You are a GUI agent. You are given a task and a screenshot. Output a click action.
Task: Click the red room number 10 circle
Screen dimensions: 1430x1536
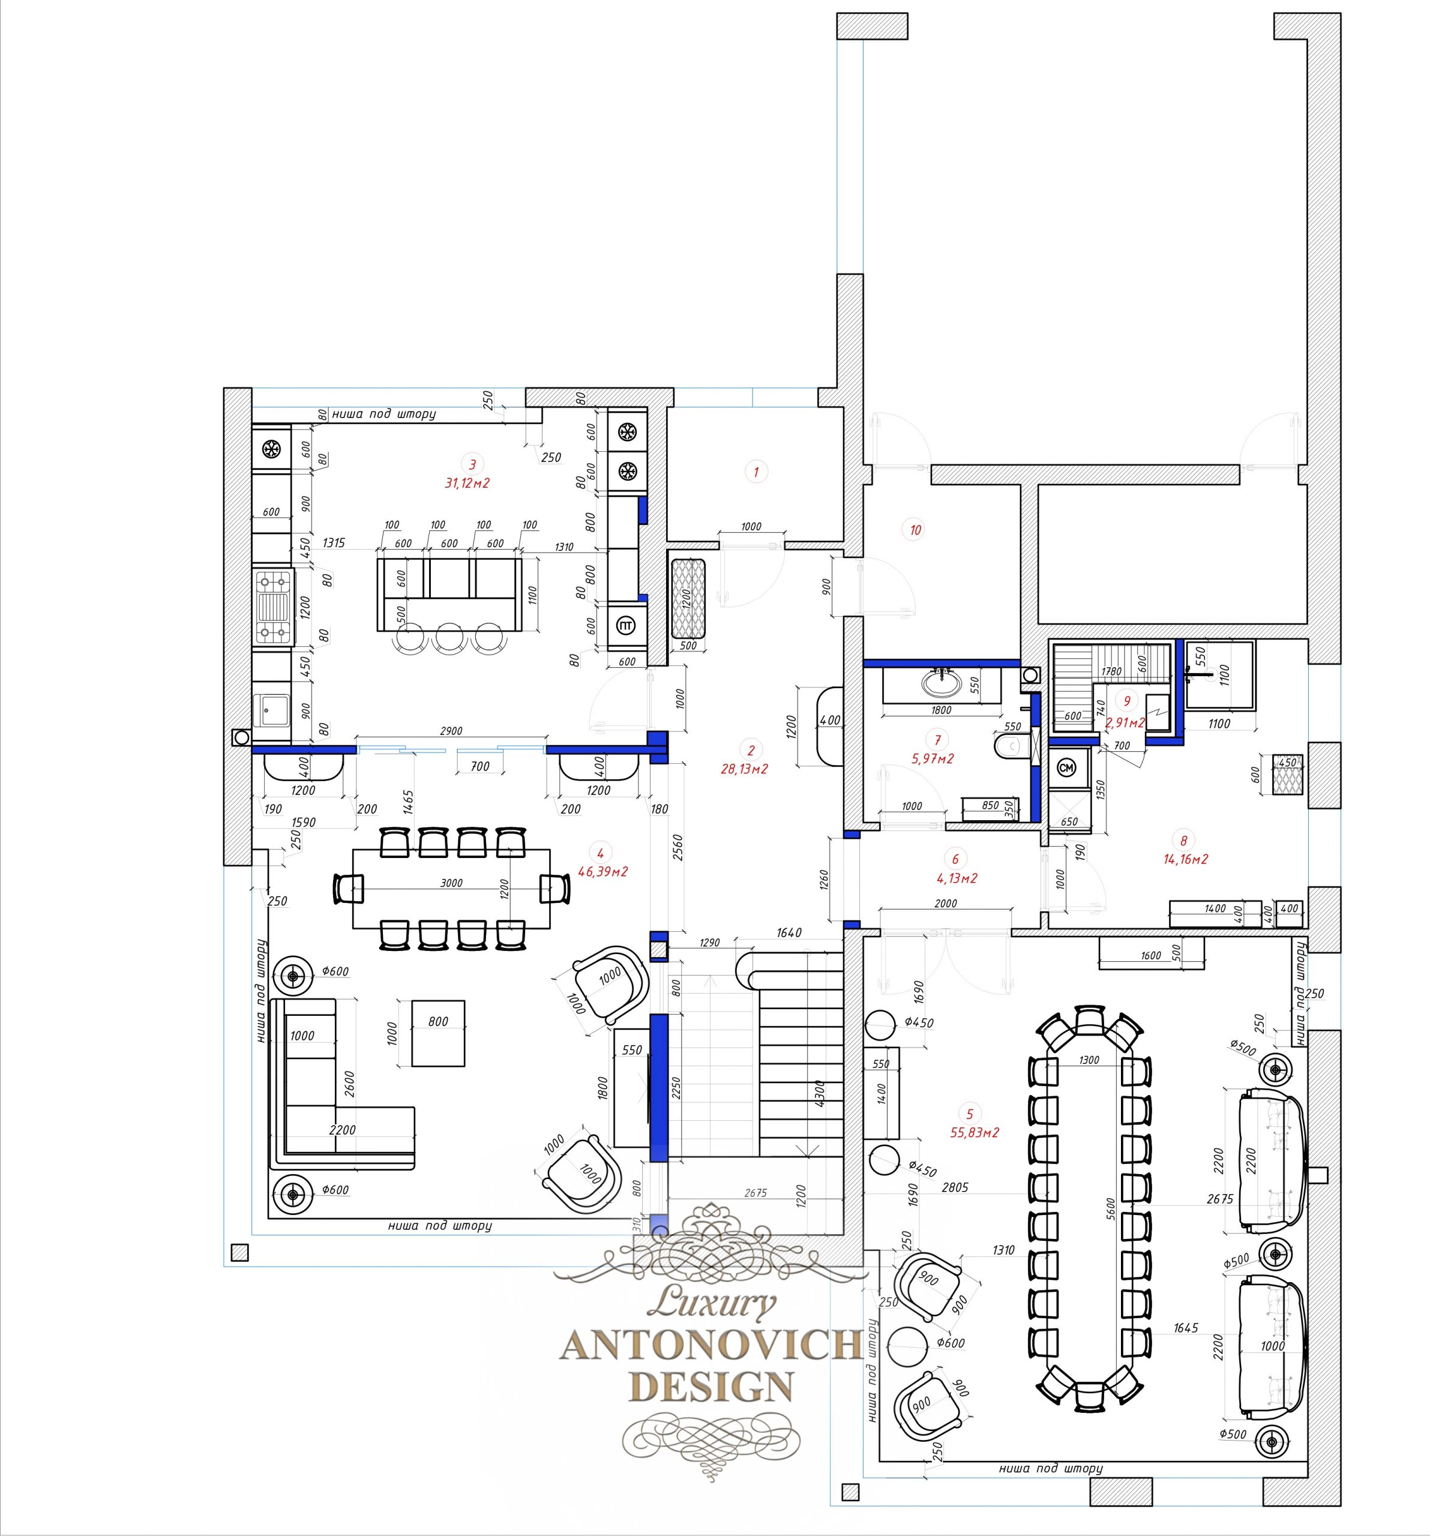[x=916, y=530]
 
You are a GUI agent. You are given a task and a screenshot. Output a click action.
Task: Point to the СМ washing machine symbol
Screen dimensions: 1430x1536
[x=1066, y=767]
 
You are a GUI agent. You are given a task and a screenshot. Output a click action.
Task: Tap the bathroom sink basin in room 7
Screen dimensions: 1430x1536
[x=940, y=682]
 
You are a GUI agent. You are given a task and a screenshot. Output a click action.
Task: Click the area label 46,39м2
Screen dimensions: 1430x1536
[x=602, y=872]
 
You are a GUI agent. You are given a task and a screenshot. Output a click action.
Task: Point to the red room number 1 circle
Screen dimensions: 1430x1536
[x=756, y=472]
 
